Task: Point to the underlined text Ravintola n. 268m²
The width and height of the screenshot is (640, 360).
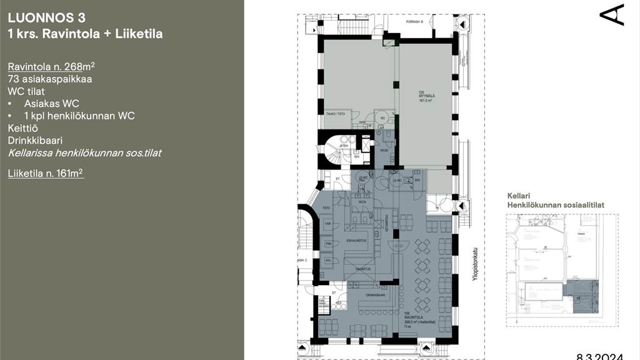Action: tap(51, 67)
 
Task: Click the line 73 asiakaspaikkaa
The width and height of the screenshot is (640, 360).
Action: tap(50, 79)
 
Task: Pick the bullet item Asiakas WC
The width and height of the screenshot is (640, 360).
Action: tap(51, 104)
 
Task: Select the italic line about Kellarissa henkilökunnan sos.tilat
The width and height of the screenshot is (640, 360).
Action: tap(84, 152)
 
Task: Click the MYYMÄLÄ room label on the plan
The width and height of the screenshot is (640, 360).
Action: tap(426, 95)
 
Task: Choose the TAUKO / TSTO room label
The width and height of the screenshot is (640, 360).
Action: tap(336, 114)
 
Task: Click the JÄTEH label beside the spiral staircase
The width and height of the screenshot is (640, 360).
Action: tap(344, 146)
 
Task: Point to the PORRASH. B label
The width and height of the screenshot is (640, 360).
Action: tap(414, 22)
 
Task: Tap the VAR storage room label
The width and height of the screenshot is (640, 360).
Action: tap(327, 223)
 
